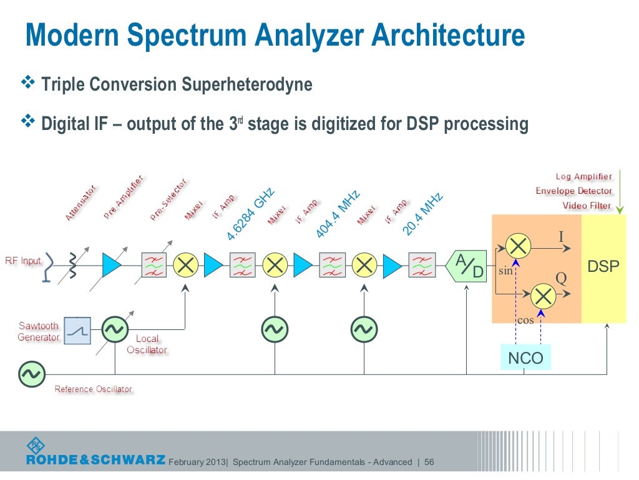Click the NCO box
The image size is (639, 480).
(525, 358)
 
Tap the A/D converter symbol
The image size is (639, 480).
(468, 266)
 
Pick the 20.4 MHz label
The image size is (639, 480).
(422, 214)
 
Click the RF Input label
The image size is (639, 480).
(23, 261)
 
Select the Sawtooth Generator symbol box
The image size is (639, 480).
(77, 331)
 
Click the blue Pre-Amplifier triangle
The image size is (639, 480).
(111, 266)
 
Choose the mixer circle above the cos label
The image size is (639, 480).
(544, 294)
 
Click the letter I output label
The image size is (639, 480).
(560, 237)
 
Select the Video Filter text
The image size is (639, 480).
(587, 205)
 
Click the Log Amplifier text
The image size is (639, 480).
(583, 177)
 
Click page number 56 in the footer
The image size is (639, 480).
(429, 462)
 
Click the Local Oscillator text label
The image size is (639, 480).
(147, 344)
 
